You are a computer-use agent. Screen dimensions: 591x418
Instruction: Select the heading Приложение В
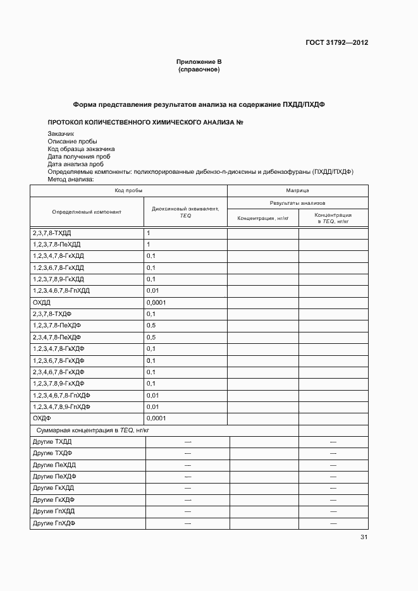pos(199,61)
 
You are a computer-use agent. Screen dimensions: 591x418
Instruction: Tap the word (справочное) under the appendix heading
pos(199,69)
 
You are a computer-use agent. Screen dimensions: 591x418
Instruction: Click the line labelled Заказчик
pos(61,134)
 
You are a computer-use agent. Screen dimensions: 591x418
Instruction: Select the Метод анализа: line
pos(70,180)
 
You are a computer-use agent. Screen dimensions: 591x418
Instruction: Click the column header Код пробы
pos(128,190)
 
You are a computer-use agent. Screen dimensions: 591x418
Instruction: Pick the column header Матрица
pos(297,190)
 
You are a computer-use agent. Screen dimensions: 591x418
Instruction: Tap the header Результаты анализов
pos(297,204)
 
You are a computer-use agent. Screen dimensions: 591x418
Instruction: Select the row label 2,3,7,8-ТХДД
pos(52,233)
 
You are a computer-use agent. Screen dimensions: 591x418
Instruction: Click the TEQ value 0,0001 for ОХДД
pos(156,302)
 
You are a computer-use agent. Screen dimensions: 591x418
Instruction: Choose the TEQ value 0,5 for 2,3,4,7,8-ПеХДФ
pos(151,337)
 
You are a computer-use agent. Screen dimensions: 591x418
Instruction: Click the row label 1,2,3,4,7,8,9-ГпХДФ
pos(61,406)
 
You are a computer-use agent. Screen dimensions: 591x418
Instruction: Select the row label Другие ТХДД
pos(52,441)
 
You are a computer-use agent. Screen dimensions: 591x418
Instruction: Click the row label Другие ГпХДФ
pos(54,523)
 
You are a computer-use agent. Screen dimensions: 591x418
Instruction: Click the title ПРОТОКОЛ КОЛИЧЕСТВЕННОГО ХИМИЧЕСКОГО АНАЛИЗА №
pos(145,121)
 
